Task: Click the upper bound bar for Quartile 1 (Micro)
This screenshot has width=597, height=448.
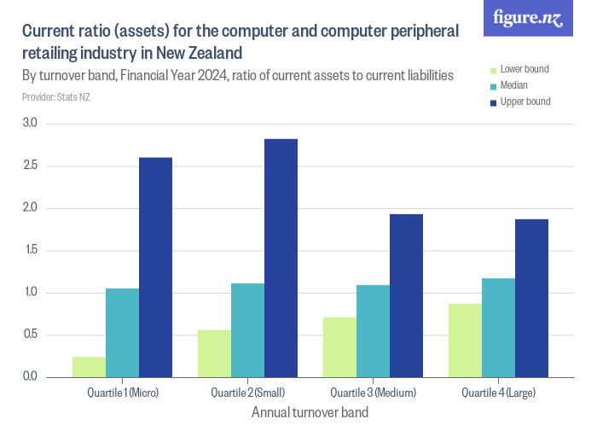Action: tap(155, 267)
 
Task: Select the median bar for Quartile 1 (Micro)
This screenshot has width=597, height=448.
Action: tap(122, 333)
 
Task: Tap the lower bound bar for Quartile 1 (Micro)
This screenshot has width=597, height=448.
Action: tap(89, 367)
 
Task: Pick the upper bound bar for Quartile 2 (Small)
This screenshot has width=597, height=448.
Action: tap(281, 258)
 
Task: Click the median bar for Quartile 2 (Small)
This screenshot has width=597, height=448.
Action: tap(247, 330)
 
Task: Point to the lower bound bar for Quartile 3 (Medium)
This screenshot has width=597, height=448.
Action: tap(339, 347)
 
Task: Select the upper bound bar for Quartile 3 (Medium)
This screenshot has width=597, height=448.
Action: tap(406, 295)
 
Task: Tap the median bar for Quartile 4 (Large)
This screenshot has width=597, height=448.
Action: tap(498, 328)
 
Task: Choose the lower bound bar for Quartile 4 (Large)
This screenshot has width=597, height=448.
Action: tap(465, 340)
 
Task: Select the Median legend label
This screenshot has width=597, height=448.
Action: tap(513, 85)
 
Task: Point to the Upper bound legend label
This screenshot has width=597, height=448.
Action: tap(525, 102)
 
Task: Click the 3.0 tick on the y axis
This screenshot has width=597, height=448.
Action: tap(31, 124)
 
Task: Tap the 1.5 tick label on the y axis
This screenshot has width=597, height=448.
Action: tap(31, 250)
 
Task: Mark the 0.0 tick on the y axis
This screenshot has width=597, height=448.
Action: tap(31, 377)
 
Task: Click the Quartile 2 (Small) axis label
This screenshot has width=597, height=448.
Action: tap(247, 393)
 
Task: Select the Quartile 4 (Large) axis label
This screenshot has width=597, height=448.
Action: tap(498, 393)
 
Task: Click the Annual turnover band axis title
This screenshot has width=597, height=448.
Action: tap(310, 413)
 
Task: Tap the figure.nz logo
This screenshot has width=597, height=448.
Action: tap(528, 18)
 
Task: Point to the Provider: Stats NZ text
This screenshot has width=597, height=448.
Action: tap(56, 97)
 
